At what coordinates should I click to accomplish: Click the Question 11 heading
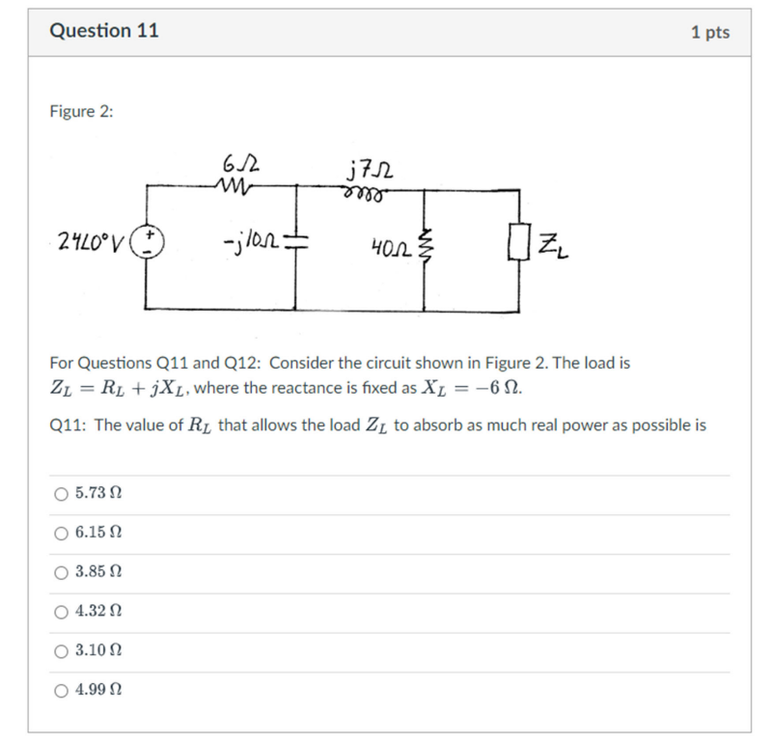[104, 31]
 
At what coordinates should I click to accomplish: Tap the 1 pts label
[710, 32]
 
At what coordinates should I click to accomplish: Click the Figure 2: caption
[81, 111]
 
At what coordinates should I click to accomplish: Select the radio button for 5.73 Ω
[62, 493]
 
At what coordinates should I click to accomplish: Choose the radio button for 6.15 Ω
[62, 533]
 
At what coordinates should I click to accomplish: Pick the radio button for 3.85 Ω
[62, 572]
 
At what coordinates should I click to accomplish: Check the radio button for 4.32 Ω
[62, 612]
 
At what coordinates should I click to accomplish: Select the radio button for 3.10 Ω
[62, 651]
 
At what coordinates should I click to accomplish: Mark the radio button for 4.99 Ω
[62, 691]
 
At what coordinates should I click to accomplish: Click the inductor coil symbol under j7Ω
[362, 189]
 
